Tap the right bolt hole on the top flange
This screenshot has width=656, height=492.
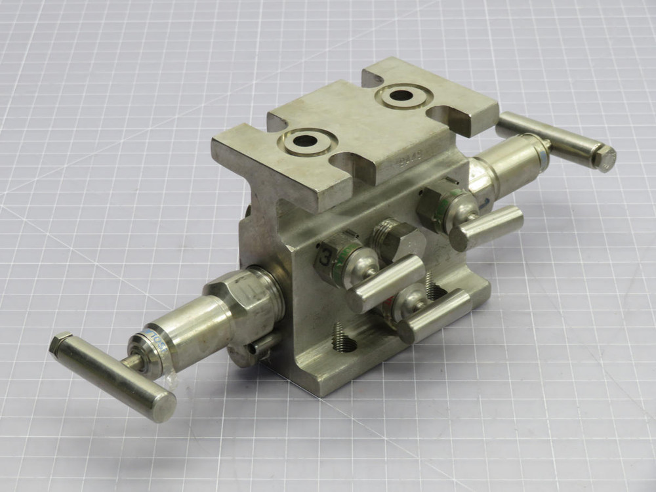[x=401, y=96]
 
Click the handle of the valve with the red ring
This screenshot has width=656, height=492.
[x=436, y=316]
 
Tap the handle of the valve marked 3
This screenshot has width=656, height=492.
[x=387, y=282]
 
